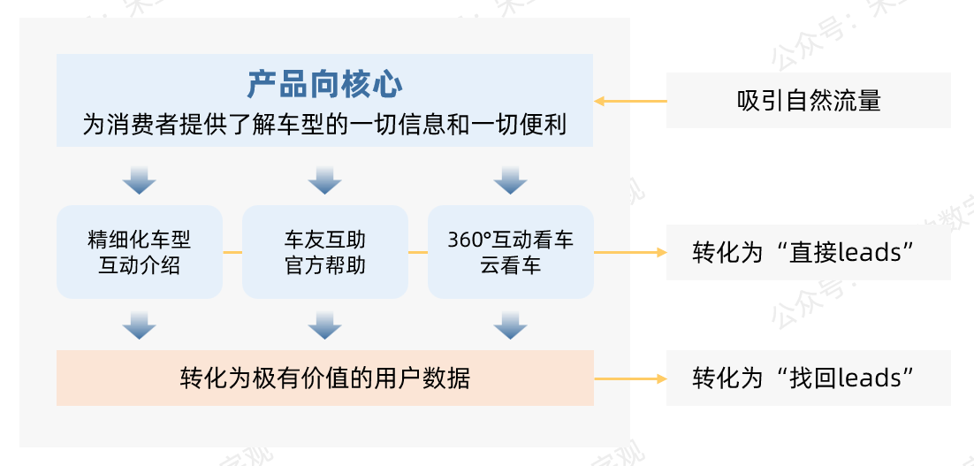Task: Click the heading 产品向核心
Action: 324,85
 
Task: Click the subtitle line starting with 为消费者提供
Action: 324,125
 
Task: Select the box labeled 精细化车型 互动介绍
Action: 140,252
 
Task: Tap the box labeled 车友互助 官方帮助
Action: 324,252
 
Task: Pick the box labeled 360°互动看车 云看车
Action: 510,252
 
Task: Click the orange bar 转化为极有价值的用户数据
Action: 324,378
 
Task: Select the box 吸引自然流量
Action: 808,100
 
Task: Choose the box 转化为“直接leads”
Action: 808,253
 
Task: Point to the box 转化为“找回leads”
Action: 808,378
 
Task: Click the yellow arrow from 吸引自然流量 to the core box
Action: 630,101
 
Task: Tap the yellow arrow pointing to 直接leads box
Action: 630,252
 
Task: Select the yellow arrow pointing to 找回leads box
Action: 630,378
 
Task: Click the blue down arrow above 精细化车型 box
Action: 140,180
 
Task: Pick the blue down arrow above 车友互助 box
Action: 324,180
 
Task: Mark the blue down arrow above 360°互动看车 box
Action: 510,180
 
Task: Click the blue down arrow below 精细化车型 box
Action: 140,325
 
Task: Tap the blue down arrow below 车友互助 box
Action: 324,325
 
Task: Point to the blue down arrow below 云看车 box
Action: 510,325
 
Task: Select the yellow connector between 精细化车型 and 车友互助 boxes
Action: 232,252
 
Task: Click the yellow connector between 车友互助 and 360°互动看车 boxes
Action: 418,252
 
